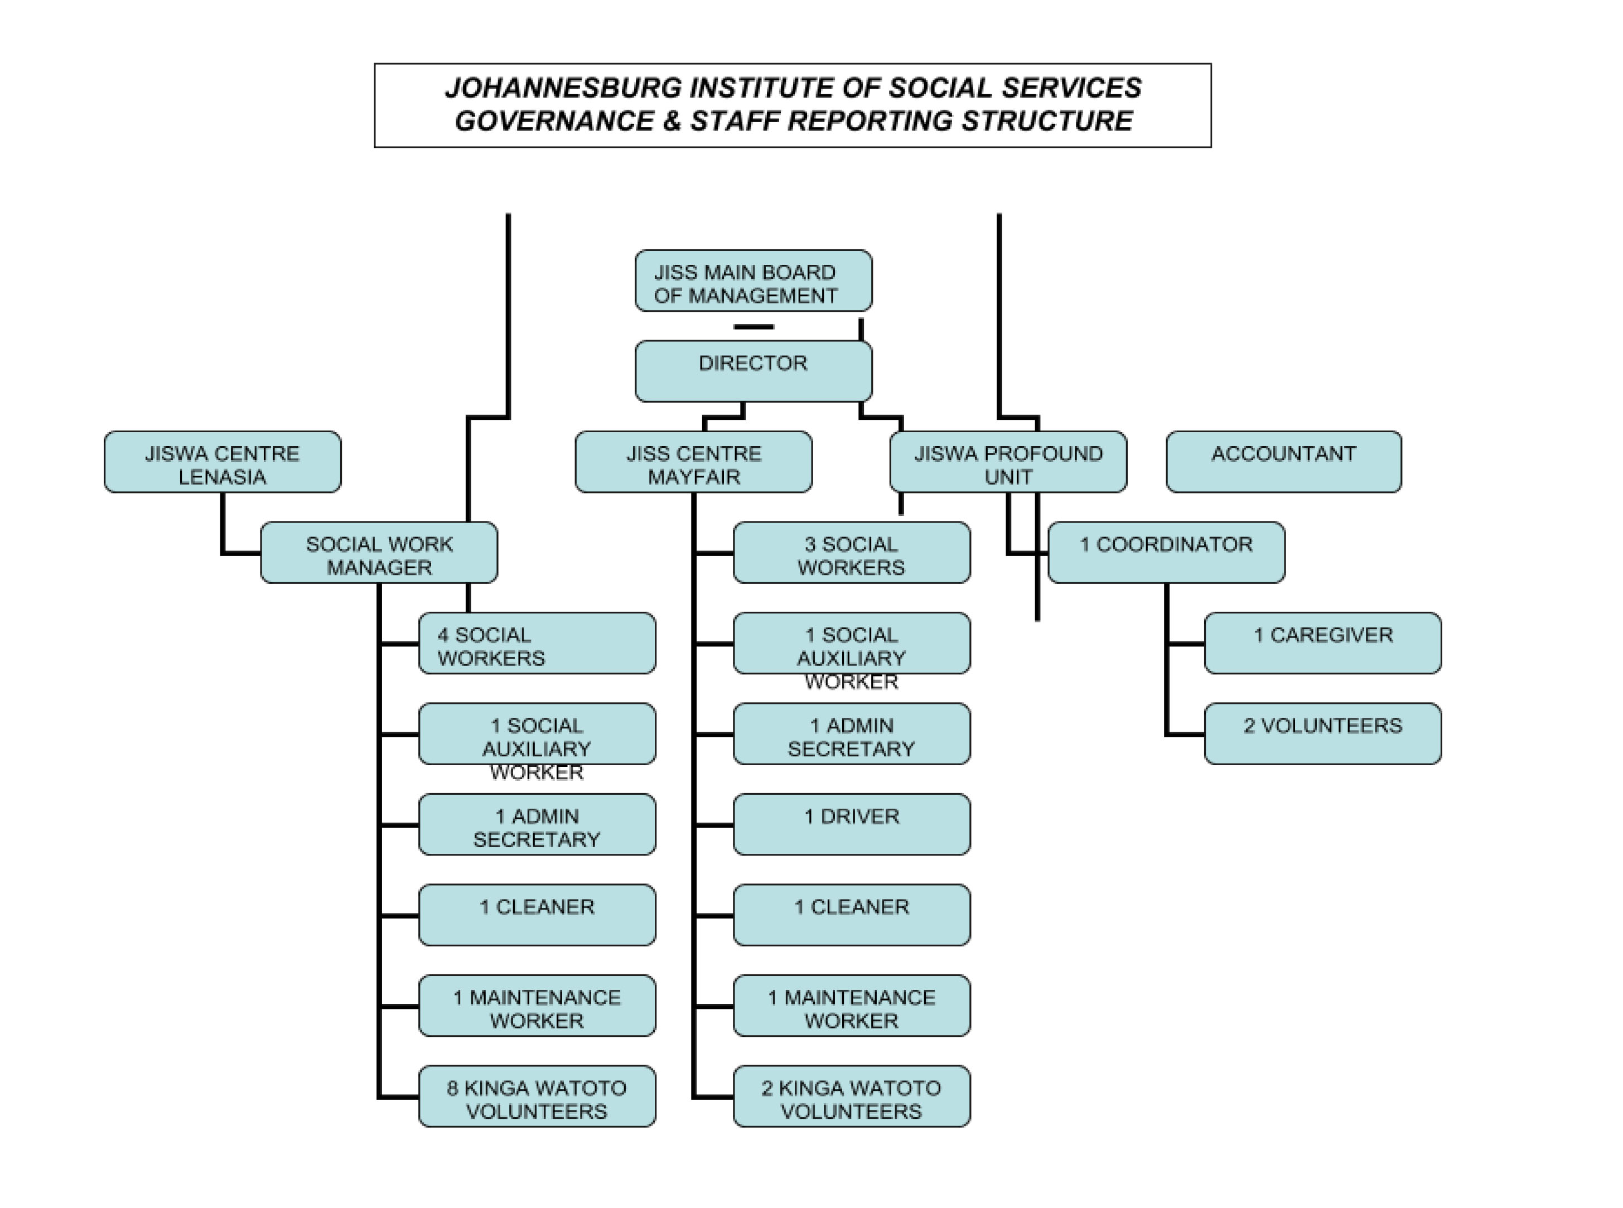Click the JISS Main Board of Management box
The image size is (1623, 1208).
[753, 281]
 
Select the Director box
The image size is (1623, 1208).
[753, 371]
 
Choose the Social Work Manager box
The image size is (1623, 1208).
[379, 552]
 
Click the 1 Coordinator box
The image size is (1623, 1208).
[1166, 552]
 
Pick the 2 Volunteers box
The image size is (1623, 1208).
[1322, 733]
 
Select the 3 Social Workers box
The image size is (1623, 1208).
[852, 552]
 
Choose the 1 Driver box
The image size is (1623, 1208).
[852, 824]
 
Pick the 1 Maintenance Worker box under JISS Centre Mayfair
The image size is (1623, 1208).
[852, 1006]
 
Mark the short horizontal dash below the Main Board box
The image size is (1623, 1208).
[753, 327]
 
